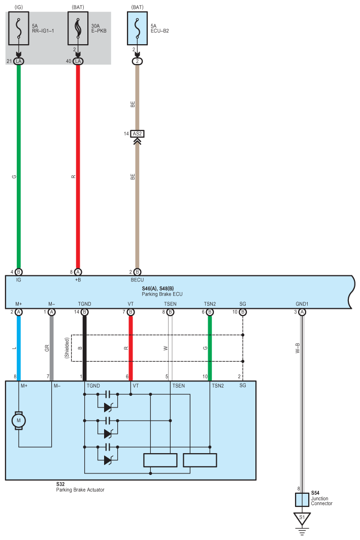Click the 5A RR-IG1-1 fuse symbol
pos(19,29)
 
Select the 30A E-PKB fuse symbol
pos(78,29)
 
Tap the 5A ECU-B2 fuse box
pos(137,29)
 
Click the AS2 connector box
pos(137,134)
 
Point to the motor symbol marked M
pos(19,420)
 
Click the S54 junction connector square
pos(302,500)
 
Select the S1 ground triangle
pos(302,519)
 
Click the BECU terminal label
pos(137,280)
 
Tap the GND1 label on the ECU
pos(302,304)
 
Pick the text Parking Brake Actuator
pos(80,490)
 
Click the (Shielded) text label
pos(67,348)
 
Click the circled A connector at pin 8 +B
pos(78,272)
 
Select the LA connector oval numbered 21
pos(19,61)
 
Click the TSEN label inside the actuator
pos(178,386)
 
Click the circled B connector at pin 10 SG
pos(243,311)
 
